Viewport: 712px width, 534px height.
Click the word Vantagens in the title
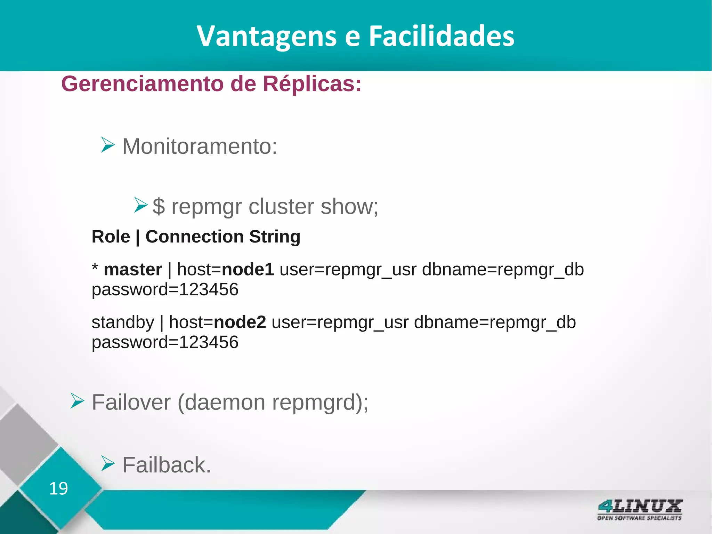[267, 36]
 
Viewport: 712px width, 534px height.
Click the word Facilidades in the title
[441, 36]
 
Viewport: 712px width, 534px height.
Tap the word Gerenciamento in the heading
[142, 84]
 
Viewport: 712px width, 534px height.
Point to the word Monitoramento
[199, 146]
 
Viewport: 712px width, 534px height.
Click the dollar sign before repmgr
[159, 206]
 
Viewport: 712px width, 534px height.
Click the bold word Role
[111, 237]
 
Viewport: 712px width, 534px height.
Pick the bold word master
[133, 270]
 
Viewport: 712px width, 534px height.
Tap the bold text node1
[248, 270]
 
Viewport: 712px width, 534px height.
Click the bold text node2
[240, 322]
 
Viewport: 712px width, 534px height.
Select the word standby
[123, 323]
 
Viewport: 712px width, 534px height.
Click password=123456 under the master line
[165, 289]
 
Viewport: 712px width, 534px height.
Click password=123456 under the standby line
[165, 342]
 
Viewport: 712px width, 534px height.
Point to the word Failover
[131, 403]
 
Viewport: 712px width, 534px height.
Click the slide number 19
[58, 488]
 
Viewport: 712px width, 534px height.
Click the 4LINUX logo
[639, 509]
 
